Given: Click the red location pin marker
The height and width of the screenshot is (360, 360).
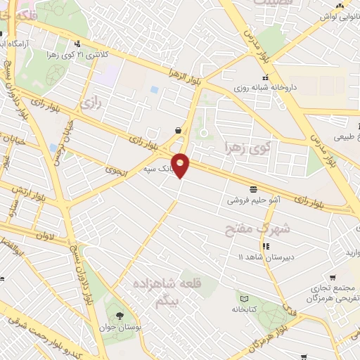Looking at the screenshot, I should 181,165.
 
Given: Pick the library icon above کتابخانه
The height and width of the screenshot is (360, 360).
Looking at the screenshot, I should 243,298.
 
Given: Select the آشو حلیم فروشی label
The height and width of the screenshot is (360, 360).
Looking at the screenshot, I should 252,200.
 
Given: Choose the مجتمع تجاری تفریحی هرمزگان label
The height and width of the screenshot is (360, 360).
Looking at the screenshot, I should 330,294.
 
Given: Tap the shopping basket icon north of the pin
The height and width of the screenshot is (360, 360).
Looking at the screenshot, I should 178,130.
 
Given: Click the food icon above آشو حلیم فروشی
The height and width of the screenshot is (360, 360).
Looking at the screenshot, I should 252,188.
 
